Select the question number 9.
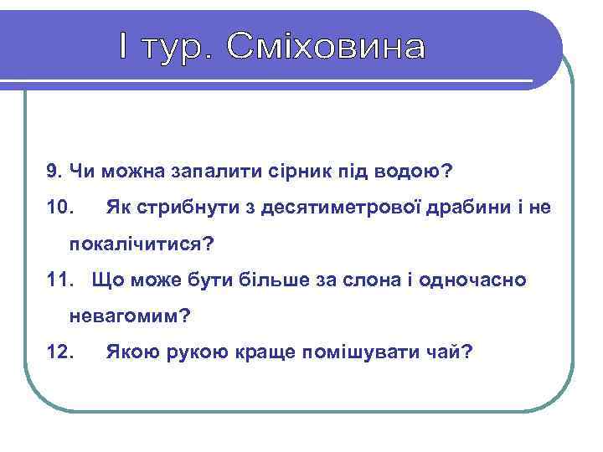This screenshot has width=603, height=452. click(x=54, y=171)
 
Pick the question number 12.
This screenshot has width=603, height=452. click(x=61, y=352)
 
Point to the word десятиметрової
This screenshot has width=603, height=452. click(x=340, y=207)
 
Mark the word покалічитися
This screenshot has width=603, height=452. click(x=139, y=244)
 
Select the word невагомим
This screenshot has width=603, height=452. click(x=128, y=316)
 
